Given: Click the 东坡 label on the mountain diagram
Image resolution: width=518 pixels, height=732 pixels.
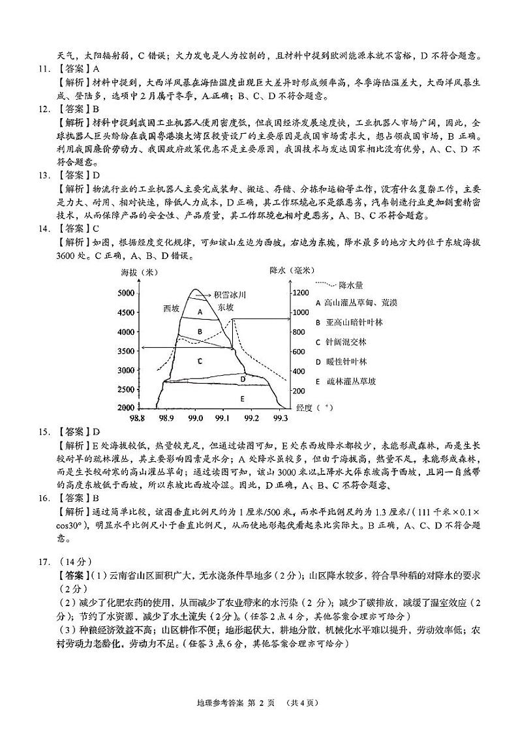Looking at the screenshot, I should [x=225, y=307].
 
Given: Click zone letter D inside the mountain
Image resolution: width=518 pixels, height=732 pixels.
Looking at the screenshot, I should [x=242, y=378].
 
